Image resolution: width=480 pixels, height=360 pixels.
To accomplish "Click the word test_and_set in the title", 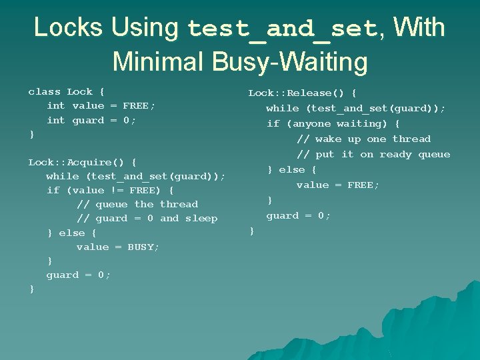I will pyautogui.click(x=283, y=29).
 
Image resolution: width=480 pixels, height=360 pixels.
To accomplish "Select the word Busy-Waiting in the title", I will pyautogui.click(x=289, y=62).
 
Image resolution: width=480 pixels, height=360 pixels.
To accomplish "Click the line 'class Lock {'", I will pyautogui.click(x=66, y=91).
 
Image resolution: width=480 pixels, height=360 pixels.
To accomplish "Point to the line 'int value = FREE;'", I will pyautogui.click(x=101, y=105).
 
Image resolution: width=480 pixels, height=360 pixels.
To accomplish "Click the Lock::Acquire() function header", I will pyautogui.click(x=82, y=162).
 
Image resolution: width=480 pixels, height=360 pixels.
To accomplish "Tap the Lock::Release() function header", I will pyautogui.click(x=302, y=93).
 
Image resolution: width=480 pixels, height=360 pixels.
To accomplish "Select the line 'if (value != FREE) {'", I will pyautogui.click(x=110, y=190).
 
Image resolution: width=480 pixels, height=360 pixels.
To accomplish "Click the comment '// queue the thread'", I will pyautogui.click(x=137, y=204).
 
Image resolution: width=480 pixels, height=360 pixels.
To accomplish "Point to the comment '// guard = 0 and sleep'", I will pyautogui.click(x=147, y=218).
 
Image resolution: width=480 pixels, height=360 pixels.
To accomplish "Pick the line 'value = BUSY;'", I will pyautogui.click(x=118, y=247).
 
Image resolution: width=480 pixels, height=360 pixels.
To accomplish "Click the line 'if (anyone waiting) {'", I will pyautogui.click(x=333, y=123).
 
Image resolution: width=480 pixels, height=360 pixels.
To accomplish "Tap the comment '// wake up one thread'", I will pyautogui.click(x=363, y=139).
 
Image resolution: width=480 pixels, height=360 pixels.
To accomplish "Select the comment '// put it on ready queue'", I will pyautogui.click(x=373, y=154).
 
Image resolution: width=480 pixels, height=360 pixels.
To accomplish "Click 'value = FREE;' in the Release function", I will pyautogui.click(x=338, y=185).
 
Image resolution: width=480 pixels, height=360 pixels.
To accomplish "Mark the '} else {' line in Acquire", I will pyautogui.click(x=71, y=233).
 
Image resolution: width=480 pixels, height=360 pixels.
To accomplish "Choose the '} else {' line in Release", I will pyautogui.click(x=291, y=169).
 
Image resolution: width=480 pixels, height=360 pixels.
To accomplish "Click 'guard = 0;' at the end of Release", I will pyautogui.click(x=299, y=215).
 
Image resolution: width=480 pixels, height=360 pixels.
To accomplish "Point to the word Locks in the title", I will pyautogui.click(x=68, y=27).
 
